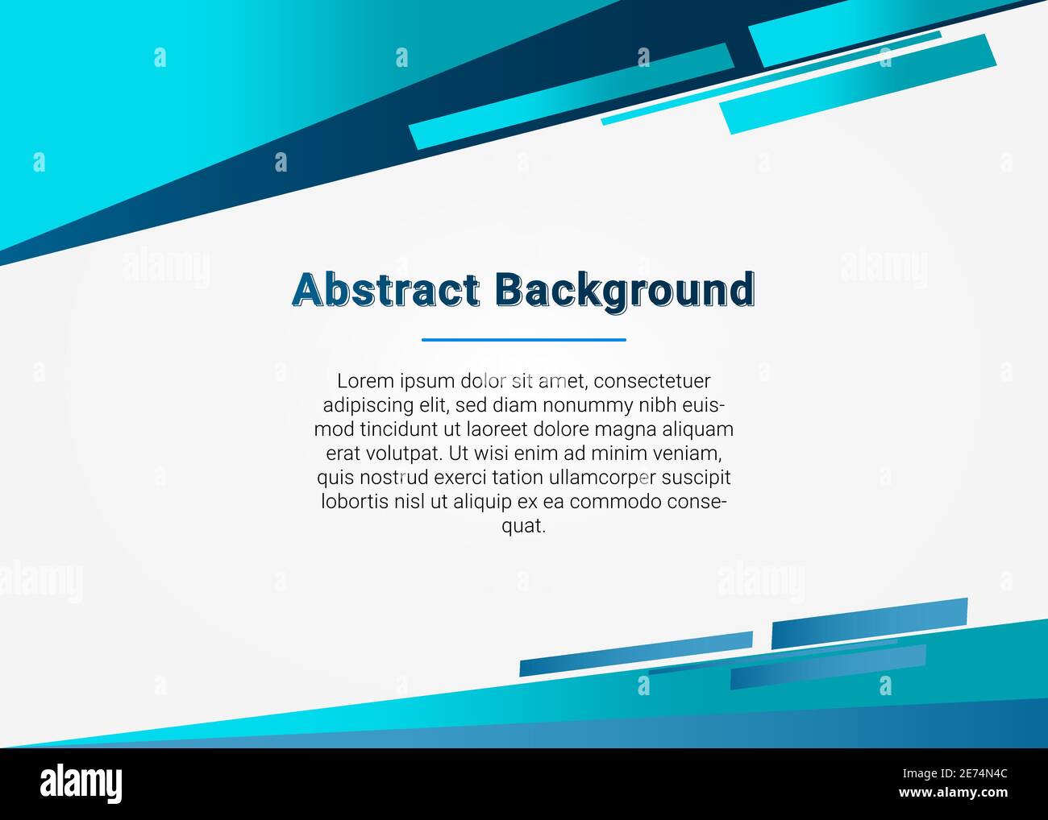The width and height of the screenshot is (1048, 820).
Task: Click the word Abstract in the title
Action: click(x=385, y=290)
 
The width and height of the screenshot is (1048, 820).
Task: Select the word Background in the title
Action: click(x=625, y=290)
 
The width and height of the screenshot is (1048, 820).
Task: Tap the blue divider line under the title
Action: click(x=523, y=340)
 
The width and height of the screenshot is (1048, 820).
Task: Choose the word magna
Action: click(x=630, y=429)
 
